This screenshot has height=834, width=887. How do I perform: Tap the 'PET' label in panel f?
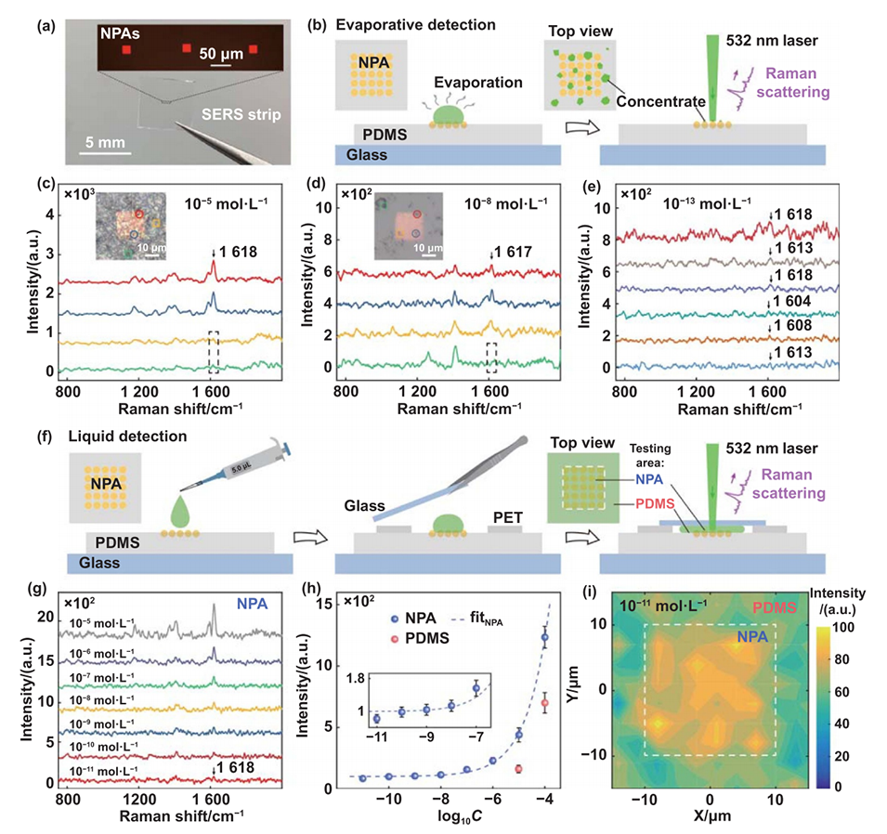509,512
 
